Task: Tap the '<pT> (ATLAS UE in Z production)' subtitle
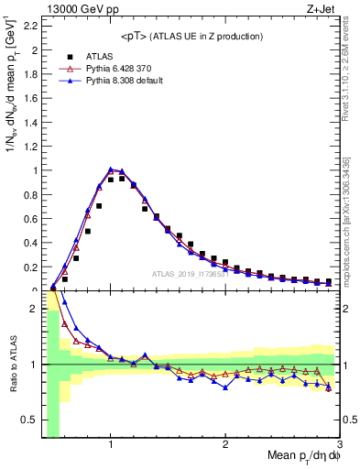tap(191, 36)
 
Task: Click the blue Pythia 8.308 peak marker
tap(111, 169)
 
